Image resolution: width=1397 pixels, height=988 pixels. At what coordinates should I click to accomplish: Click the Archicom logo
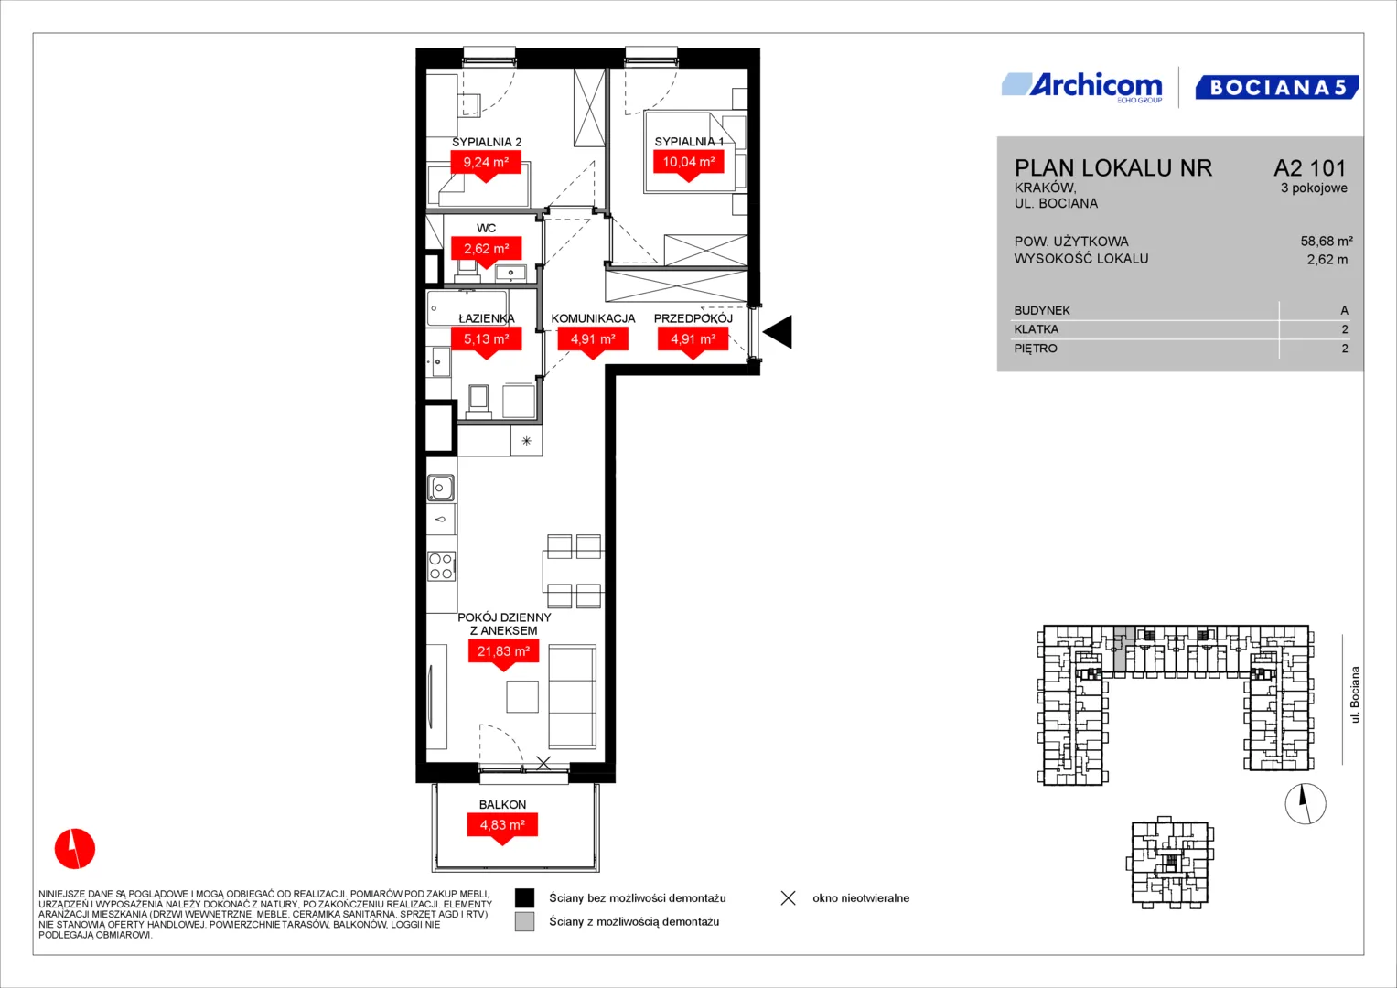[1082, 87]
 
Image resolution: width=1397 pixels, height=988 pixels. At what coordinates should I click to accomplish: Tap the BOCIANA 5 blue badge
[1276, 87]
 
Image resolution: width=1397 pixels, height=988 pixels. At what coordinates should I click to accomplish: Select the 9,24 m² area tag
[486, 166]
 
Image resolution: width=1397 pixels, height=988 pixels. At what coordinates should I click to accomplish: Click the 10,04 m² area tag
[689, 166]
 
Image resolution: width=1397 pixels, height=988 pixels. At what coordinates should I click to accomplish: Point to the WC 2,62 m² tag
[486, 252]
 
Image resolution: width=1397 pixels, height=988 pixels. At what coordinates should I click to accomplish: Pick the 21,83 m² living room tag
[503, 655]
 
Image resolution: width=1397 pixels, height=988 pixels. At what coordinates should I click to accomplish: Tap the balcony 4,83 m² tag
[502, 829]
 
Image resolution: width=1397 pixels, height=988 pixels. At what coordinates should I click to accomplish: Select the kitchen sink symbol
[440, 488]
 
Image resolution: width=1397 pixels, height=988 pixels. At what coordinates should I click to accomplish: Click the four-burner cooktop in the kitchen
[441, 566]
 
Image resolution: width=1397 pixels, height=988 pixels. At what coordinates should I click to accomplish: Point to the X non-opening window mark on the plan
[543, 762]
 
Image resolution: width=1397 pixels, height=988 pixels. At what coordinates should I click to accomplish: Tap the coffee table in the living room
[522, 696]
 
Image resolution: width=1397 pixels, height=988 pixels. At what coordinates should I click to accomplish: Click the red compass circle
[75, 848]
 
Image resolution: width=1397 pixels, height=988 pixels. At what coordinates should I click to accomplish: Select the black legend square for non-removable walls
[524, 897]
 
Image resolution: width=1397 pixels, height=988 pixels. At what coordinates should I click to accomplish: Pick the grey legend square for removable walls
[524, 921]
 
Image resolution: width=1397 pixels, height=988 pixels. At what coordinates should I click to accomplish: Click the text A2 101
[1310, 167]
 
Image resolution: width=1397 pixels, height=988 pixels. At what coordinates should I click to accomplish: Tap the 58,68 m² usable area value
[1327, 241]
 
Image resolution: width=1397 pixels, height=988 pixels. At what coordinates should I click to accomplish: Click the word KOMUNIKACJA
[593, 318]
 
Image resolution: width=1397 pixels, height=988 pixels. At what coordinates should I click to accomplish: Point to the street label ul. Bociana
[1354, 695]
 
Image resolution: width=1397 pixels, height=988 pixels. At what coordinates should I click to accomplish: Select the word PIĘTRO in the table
[1036, 348]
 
